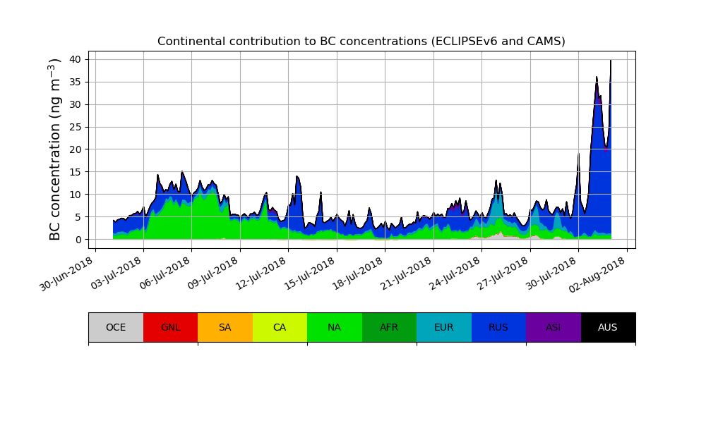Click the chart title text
(x=361, y=42)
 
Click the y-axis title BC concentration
(x=55, y=149)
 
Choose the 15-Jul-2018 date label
(x=310, y=274)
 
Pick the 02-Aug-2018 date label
(x=600, y=274)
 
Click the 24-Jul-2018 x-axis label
(x=455, y=274)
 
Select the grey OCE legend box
(x=116, y=327)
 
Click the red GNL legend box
(x=170, y=327)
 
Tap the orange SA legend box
(x=225, y=327)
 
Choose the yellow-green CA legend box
(x=280, y=327)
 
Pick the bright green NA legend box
(x=334, y=327)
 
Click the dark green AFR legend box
(x=389, y=327)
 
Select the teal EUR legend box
(x=443, y=327)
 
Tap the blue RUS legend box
(x=498, y=327)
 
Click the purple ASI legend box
(x=553, y=327)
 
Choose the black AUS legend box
(x=608, y=327)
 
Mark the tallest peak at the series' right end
(x=611, y=61)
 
